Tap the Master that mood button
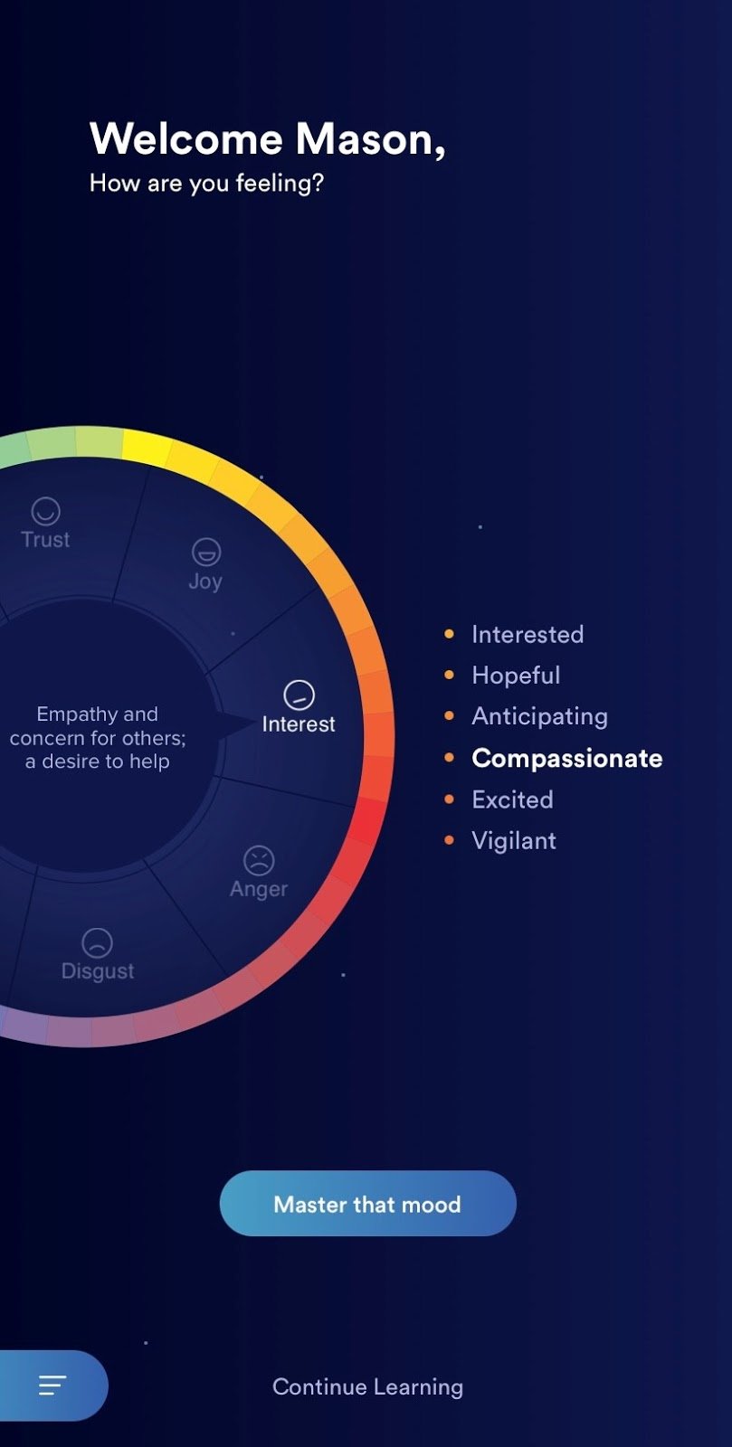point(367,1204)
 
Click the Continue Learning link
point(367,1386)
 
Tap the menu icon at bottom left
point(52,1385)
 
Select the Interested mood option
point(527,634)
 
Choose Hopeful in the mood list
point(516,675)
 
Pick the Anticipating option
point(539,716)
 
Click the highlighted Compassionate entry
point(566,758)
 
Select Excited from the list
point(512,799)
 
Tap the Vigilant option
point(513,840)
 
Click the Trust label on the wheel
point(45,539)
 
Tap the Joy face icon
point(206,551)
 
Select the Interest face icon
point(299,695)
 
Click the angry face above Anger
point(259,860)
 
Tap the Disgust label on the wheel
point(98,970)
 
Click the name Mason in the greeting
point(369,139)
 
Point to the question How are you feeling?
point(206,183)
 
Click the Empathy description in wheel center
point(98,737)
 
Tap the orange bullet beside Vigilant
point(449,840)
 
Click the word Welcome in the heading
point(186,139)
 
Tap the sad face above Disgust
point(97,942)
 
